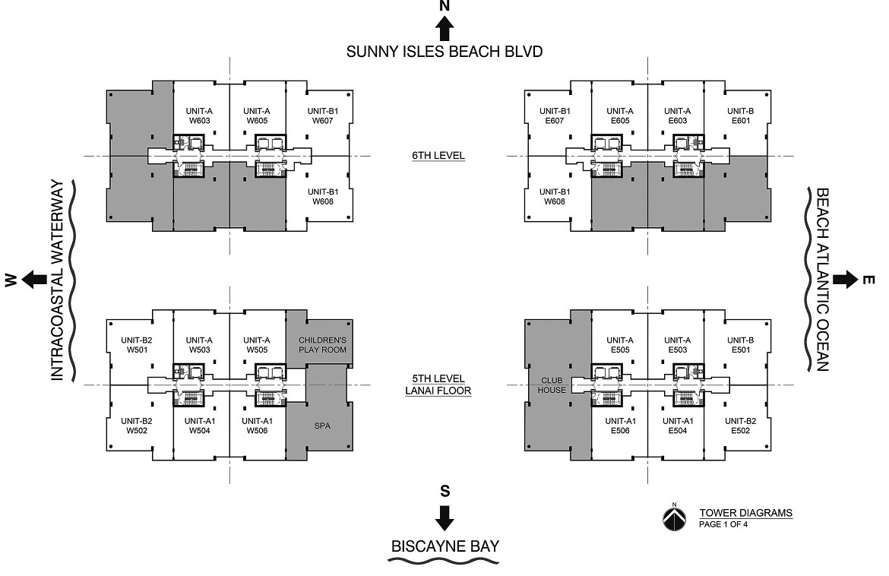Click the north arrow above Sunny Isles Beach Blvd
(444, 28)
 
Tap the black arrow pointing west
(35, 279)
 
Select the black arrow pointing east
(846, 279)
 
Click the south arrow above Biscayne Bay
(444, 517)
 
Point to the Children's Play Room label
(323, 345)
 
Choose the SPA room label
(322, 426)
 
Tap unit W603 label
(200, 116)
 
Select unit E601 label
(741, 116)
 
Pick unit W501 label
(137, 345)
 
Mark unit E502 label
(741, 426)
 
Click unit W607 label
(323, 116)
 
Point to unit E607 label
(555, 116)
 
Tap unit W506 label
(258, 426)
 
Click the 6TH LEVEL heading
(438, 155)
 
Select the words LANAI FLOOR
(438, 391)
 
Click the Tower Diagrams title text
(745, 513)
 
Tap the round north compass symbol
(674, 517)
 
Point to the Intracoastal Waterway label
(58, 280)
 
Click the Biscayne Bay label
(445, 546)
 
